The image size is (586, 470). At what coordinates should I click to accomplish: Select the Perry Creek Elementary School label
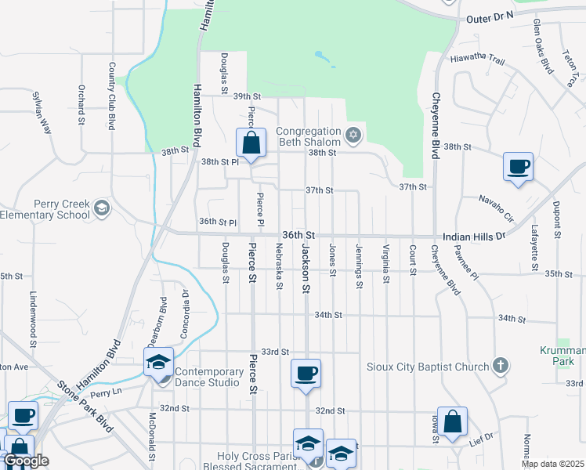pos(46,209)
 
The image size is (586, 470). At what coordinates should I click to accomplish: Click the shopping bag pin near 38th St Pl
pos(251,144)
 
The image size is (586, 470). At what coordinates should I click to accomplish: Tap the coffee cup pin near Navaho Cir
pos(518,167)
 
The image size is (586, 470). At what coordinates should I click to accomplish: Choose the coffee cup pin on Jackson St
pos(306,373)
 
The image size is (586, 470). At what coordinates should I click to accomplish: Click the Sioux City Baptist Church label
pos(428,366)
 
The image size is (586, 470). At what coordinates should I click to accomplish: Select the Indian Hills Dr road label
pos(475,235)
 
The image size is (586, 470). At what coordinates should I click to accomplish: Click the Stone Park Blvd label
pos(85,406)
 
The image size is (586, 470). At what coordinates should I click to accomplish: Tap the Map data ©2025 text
pos(552,464)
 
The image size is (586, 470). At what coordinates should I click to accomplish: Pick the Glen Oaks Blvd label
pos(542,46)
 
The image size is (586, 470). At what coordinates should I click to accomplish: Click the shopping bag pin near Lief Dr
pos(452,421)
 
